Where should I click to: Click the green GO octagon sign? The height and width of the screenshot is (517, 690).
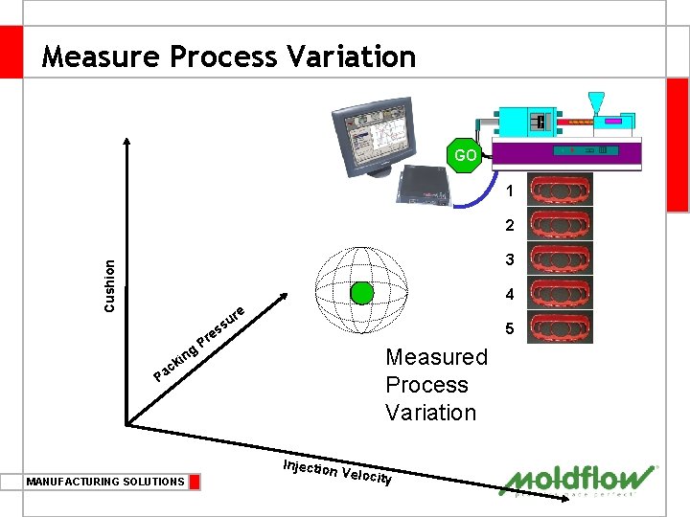(465, 155)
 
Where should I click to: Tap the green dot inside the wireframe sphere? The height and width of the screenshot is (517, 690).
(362, 293)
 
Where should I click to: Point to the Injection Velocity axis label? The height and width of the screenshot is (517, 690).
(337, 472)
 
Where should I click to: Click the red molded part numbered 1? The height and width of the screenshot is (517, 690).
(562, 190)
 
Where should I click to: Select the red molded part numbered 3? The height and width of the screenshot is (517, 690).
(562, 258)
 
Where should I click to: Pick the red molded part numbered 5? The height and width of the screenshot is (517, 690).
(562, 326)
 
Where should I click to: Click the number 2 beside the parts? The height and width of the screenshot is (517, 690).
(510, 226)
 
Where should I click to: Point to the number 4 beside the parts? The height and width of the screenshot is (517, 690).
(510, 294)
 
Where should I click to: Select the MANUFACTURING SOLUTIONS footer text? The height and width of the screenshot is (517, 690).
(105, 482)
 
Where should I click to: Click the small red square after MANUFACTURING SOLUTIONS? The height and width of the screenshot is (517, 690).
(195, 482)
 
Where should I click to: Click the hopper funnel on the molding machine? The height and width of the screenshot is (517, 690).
(597, 101)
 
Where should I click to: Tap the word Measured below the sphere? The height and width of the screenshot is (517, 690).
(436, 357)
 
